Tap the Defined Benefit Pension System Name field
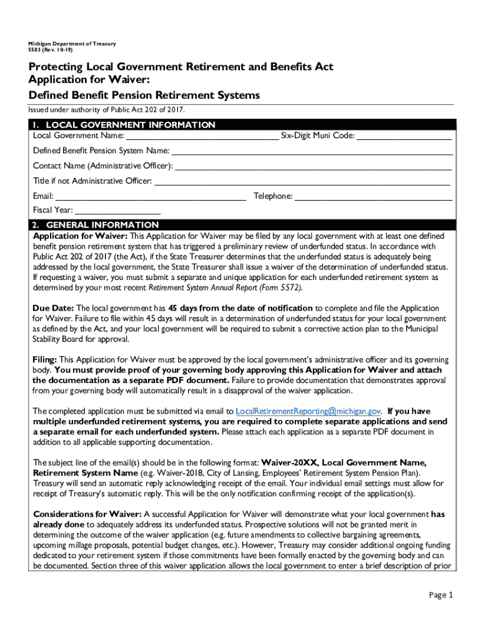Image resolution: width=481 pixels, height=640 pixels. (312, 151)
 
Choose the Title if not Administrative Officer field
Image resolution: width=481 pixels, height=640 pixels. (302, 181)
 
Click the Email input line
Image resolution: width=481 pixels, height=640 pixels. (151, 196)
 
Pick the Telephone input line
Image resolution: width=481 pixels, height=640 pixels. (374, 196)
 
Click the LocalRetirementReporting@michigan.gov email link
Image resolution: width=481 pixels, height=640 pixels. (308, 411)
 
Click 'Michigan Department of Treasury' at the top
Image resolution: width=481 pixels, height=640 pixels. (67, 44)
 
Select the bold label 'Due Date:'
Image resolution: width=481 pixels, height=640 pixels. (53, 308)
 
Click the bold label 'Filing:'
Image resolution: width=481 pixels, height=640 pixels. (45, 360)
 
